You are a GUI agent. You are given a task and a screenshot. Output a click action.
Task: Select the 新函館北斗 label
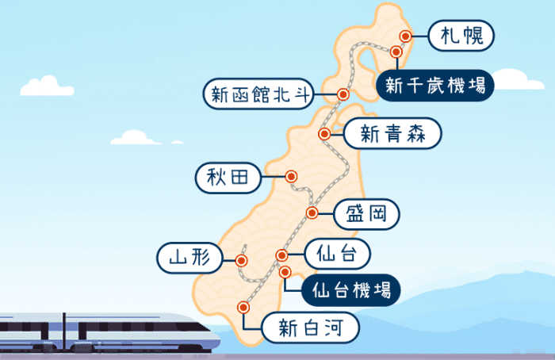click(258, 94)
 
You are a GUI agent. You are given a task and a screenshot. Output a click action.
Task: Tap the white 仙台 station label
click(336, 255)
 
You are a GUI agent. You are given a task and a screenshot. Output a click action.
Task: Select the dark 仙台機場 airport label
click(349, 289)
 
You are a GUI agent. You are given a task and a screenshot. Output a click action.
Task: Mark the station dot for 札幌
click(406, 36)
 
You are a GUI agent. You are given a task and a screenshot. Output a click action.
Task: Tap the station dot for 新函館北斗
click(343, 93)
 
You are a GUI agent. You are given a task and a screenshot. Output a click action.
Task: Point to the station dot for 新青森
click(323, 135)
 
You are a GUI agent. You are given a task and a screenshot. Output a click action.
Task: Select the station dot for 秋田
click(291, 177)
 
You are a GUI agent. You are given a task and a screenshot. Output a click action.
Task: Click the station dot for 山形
click(241, 259)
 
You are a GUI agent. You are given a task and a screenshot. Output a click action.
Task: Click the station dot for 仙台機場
click(286, 272)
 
